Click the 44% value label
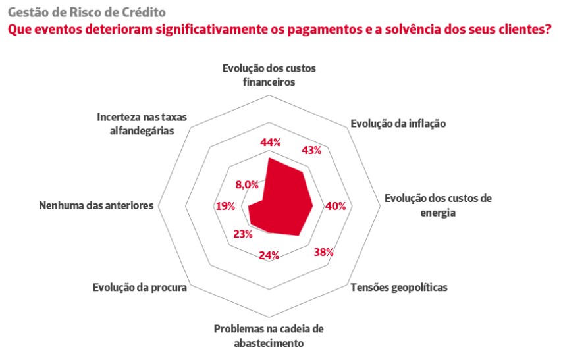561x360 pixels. (x=271, y=143)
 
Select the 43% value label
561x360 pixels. (x=311, y=151)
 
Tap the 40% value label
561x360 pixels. (x=336, y=206)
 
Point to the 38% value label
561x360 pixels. (x=324, y=252)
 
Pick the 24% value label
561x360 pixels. (x=269, y=255)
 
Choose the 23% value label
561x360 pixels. (x=243, y=234)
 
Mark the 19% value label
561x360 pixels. (x=225, y=206)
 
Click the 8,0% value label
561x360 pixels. (x=247, y=185)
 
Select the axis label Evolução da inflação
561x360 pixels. (x=398, y=124)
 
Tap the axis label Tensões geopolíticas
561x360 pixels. (x=399, y=288)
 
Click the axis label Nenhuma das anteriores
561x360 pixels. (x=96, y=205)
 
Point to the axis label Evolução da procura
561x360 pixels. (x=140, y=288)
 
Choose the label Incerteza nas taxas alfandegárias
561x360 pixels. (x=142, y=124)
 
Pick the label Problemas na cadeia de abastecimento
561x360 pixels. (x=269, y=336)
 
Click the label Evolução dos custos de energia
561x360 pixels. (x=438, y=205)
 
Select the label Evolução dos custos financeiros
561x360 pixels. (x=269, y=75)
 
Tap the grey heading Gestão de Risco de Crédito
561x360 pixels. (x=87, y=12)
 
